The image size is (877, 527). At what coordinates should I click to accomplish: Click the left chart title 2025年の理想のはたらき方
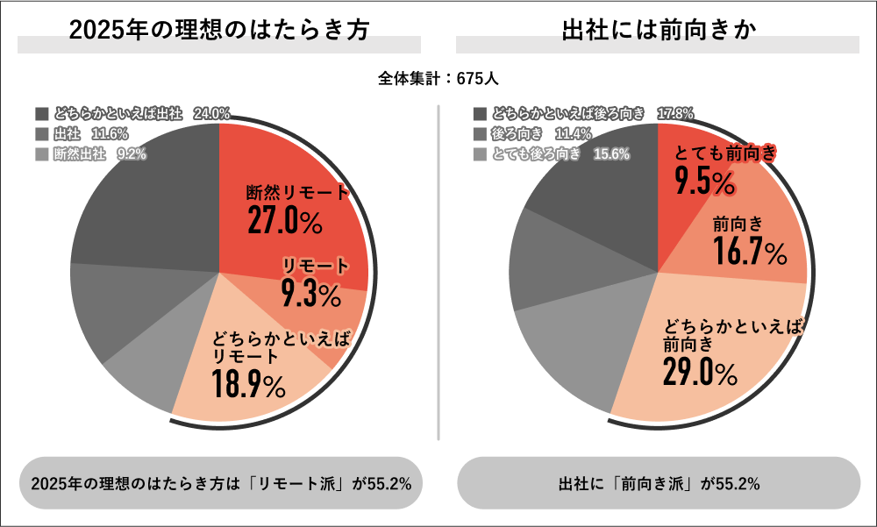pyautogui.click(x=218, y=29)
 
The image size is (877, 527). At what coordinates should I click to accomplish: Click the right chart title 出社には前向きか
pyautogui.click(x=659, y=29)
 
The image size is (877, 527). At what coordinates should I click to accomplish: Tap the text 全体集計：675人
pyautogui.click(x=438, y=78)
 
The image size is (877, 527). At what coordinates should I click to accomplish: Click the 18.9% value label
pyautogui.click(x=248, y=383)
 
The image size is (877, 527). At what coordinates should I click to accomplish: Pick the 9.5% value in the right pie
pyautogui.click(x=704, y=182)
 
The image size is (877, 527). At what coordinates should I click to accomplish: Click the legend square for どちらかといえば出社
pyautogui.click(x=42, y=114)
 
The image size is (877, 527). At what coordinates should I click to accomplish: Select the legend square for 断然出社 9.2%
pyautogui.click(x=42, y=154)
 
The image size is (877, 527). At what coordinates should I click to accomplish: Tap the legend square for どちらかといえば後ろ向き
pyautogui.click(x=479, y=114)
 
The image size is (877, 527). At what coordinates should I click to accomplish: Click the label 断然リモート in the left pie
pyautogui.click(x=297, y=193)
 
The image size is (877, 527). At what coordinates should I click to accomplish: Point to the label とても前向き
pyautogui.click(x=724, y=153)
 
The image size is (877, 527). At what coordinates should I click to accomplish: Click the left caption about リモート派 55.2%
pyautogui.click(x=221, y=483)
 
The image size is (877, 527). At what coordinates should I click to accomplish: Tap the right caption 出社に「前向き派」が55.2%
pyautogui.click(x=659, y=483)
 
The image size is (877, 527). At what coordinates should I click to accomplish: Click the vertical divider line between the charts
pyautogui.click(x=438, y=272)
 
